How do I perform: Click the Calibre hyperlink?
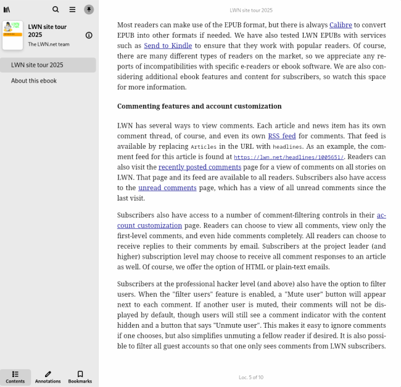point(341,25)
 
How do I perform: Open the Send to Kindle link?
point(168,46)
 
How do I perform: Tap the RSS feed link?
point(281,136)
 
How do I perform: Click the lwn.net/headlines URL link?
point(289,157)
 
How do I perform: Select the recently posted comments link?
point(199,167)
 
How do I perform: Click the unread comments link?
point(167,188)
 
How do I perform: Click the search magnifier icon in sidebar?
point(56,10)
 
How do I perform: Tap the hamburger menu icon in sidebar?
point(72,10)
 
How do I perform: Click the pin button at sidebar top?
point(89,10)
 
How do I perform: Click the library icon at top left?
point(7,10)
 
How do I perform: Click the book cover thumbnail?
point(12,35)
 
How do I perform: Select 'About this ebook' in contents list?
point(34,81)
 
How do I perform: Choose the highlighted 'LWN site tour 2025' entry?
point(37,65)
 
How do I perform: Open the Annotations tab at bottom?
point(48,377)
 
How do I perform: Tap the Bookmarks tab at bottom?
point(80,377)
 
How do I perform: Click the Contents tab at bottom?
point(15,377)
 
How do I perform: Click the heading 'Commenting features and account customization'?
point(199,106)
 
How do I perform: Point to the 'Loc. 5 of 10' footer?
point(250,377)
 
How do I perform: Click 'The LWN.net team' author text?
point(49,44)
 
